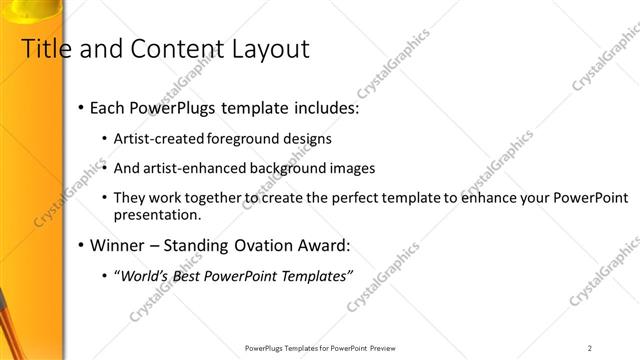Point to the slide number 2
(590, 348)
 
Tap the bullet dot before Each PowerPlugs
(80, 108)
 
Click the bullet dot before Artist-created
(106, 139)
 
